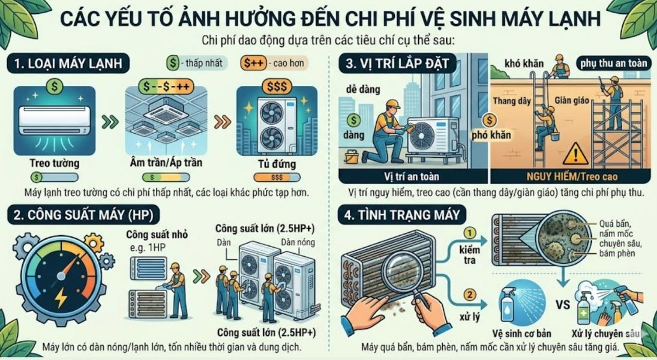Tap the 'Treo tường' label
click(x=54, y=163)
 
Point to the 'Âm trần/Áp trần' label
click(x=166, y=163)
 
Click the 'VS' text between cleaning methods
click(x=563, y=304)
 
